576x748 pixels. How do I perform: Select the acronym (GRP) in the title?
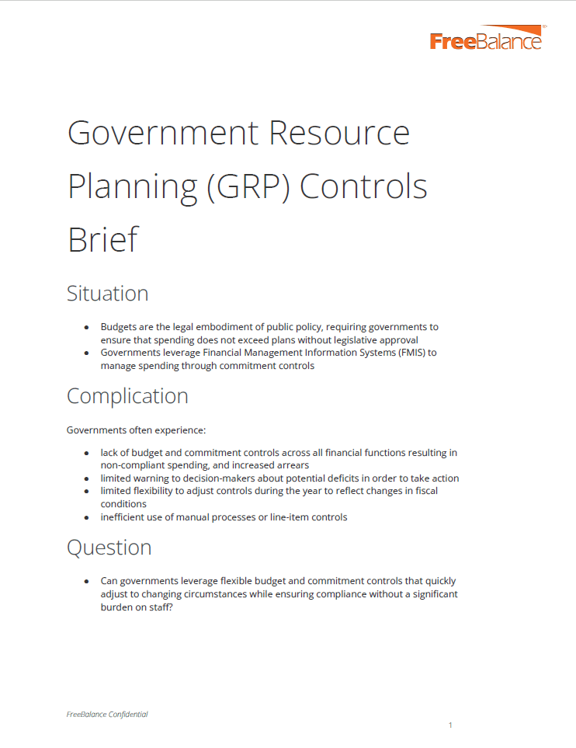248,186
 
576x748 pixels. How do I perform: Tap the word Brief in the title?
102,238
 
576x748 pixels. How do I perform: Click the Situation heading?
107,294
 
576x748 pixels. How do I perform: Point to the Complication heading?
127,396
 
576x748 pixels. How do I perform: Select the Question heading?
109,548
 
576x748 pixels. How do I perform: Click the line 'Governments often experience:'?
136,430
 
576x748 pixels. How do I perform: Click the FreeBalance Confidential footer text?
107,715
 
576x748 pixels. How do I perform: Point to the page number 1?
450,725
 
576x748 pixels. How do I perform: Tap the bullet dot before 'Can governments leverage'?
87,581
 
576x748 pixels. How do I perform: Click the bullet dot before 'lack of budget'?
87,453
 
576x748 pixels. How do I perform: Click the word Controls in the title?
363,186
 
